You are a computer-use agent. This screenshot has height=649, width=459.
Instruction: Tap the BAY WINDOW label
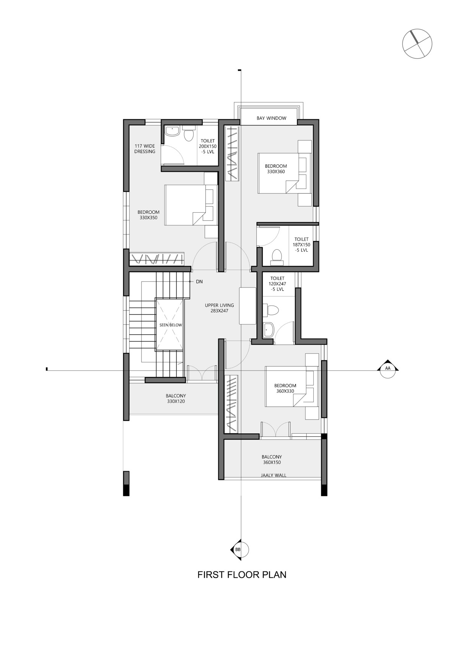pyautogui.click(x=271, y=118)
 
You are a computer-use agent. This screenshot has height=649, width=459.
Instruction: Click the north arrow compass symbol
pyautogui.click(x=417, y=44)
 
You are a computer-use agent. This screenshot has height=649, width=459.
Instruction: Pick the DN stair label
pyautogui.click(x=199, y=281)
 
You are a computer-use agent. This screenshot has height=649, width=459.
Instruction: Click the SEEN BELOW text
pyautogui.click(x=170, y=325)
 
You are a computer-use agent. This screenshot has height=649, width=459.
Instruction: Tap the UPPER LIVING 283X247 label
pyautogui.click(x=219, y=308)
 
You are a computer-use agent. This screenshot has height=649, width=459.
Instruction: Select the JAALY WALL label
pyautogui.click(x=273, y=475)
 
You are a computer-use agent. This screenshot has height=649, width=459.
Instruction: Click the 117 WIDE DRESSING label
pyautogui.click(x=145, y=149)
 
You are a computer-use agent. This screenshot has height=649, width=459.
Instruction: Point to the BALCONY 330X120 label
pyautogui.click(x=176, y=399)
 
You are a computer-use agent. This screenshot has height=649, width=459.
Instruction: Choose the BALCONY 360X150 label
pyautogui.click(x=272, y=460)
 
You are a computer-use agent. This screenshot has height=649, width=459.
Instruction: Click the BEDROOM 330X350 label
pyautogui.click(x=148, y=215)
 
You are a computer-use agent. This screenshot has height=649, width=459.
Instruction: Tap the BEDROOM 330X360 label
pyautogui.click(x=276, y=169)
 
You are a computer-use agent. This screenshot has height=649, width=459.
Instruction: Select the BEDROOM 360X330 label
pyautogui.click(x=285, y=388)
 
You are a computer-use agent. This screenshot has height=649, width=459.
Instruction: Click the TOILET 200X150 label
pyautogui.click(x=207, y=146)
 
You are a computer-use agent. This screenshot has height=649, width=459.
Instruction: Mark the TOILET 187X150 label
pyautogui.click(x=301, y=244)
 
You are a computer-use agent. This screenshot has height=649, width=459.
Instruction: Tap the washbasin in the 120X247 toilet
pyautogui.click(x=268, y=330)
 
